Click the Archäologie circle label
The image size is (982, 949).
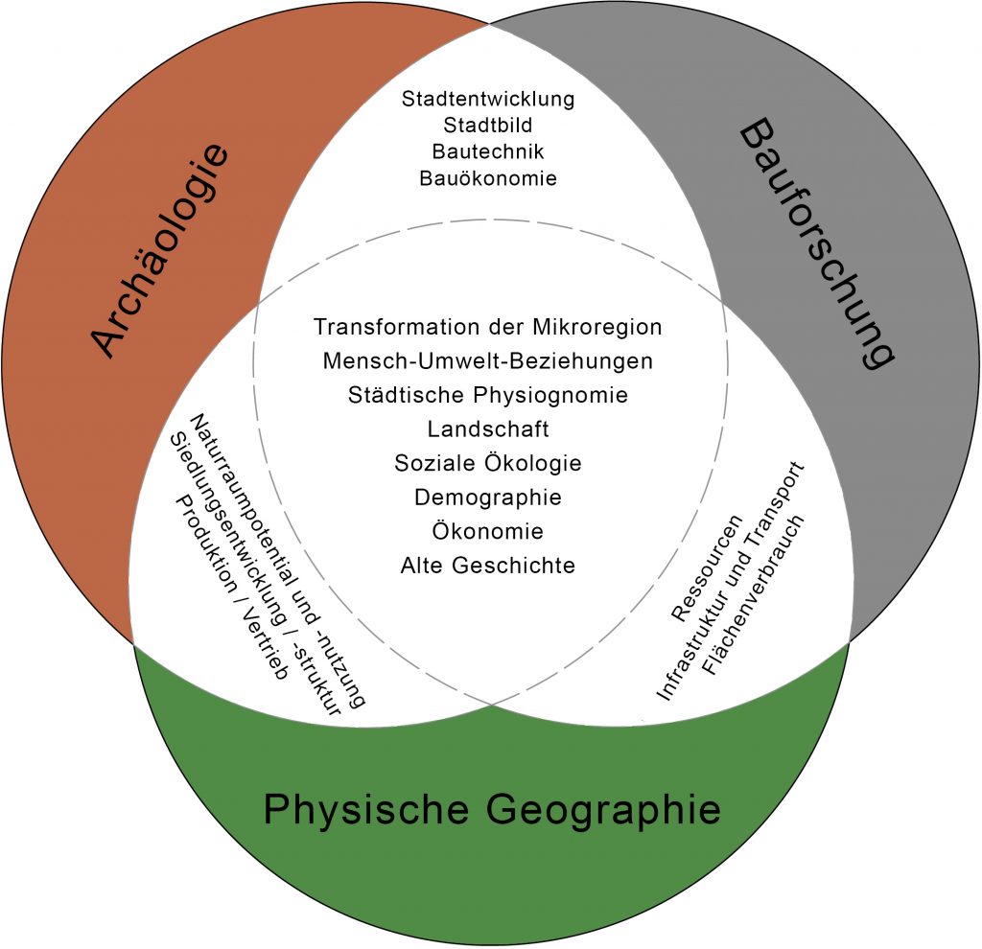161,251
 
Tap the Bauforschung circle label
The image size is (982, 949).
818,244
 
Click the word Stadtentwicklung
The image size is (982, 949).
488,99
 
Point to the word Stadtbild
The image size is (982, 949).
488,126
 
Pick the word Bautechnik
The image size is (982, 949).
488,151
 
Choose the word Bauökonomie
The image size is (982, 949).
488,177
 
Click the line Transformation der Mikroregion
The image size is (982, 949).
488,327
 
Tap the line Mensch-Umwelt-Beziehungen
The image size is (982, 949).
488,361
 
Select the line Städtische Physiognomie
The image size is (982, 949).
488,395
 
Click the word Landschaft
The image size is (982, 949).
488,429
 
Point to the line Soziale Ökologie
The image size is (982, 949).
488,463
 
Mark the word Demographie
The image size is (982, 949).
488,498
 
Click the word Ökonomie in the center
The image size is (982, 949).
488,531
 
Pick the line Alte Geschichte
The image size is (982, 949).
488,566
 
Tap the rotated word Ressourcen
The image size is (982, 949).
707,567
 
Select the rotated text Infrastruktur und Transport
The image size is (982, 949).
730,581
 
